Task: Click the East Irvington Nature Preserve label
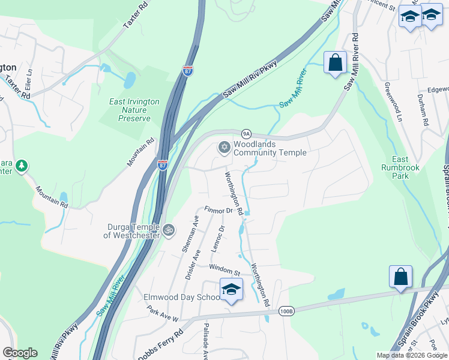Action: tap(134, 110)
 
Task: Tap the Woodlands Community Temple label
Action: tap(270, 148)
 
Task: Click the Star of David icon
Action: tap(224, 147)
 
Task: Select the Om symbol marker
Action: tap(169, 230)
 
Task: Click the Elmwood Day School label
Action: tap(181, 297)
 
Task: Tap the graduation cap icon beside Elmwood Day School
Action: tap(231, 289)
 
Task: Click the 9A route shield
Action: tap(246, 133)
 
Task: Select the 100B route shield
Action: tap(286, 311)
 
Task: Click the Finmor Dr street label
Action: tap(218, 211)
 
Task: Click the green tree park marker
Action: tap(22, 165)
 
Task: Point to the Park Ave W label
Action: tap(163, 313)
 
